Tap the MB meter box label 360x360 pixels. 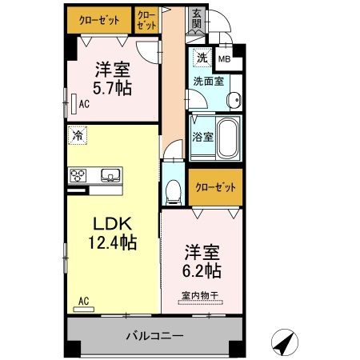224,58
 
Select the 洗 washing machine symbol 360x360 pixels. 202,58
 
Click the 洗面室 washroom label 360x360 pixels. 206,81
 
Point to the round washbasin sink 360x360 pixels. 234,99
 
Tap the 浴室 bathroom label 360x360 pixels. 202,137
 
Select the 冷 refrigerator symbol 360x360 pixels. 78,137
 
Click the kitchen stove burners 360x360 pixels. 78,175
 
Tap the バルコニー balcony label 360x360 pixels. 155,336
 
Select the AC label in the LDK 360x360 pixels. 83,302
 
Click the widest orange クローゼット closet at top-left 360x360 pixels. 99,18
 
